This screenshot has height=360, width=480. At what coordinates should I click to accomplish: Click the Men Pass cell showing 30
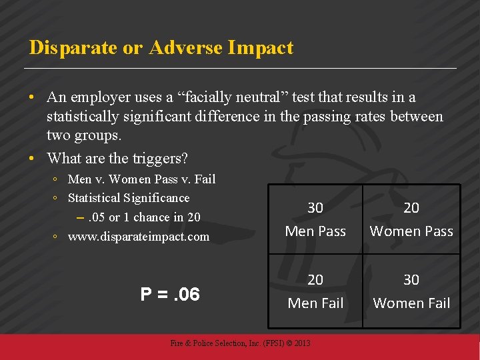[315, 219]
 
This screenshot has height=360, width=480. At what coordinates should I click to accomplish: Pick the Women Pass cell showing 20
[411, 219]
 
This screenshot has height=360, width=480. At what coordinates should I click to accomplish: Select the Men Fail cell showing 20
[315, 291]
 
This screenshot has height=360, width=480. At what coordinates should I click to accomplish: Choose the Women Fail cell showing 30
[411, 291]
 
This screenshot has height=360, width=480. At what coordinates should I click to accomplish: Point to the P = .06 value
[170, 294]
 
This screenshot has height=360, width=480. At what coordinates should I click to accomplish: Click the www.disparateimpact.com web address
[139, 237]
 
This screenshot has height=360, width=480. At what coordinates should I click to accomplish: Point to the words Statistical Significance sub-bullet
[129, 198]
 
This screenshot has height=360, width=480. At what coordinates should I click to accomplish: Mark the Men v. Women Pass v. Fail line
[142, 179]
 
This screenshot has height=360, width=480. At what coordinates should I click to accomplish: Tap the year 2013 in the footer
[301, 343]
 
